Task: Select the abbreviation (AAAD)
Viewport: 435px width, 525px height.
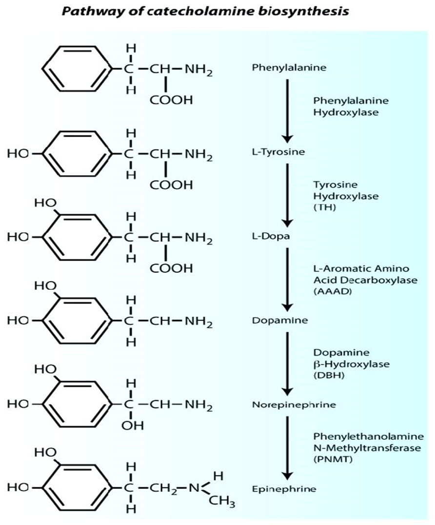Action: pyautogui.click(x=328, y=291)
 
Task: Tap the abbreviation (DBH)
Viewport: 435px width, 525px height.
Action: pyautogui.click(x=325, y=375)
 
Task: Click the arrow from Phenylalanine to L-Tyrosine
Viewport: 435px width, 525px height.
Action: pyautogui.click(x=288, y=109)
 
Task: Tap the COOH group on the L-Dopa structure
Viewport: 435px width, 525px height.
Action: pyautogui.click(x=171, y=269)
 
